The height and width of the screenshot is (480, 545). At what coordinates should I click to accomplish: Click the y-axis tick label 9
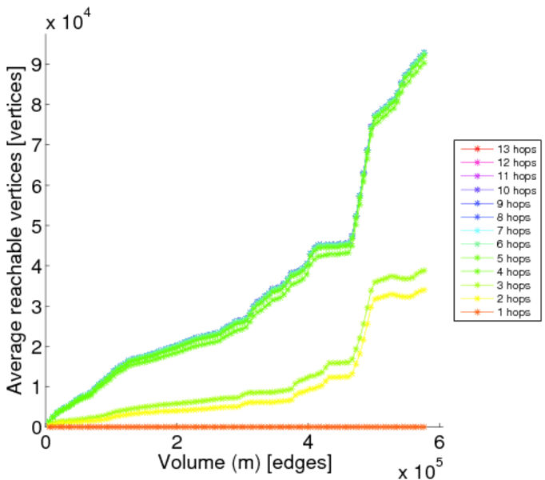(x=34, y=64)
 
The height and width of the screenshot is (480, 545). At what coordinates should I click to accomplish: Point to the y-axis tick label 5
(x=34, y=226)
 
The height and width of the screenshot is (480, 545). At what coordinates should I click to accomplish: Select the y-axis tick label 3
(x=34, y=306)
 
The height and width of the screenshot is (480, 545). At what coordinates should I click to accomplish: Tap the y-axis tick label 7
(x=34, y=145)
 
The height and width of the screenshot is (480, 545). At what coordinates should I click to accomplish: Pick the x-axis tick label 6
(x=439, y=442)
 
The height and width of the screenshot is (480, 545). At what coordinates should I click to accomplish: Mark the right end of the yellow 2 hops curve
(x=424, y=290)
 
